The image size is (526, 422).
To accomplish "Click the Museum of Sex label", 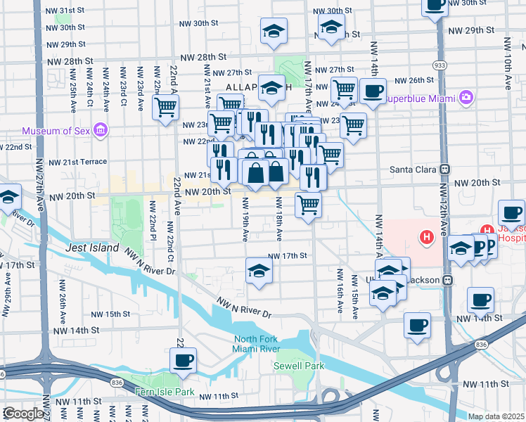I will coord(56,131).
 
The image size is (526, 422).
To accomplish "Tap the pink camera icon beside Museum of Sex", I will coord(100,130).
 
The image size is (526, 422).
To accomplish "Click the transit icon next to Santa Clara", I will coord(444,170).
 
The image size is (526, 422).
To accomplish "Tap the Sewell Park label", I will coord(299,366).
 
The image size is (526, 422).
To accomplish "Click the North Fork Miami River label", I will coord(257,345).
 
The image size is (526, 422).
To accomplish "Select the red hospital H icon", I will coord(425,238).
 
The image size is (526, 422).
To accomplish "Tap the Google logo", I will coord(23,414).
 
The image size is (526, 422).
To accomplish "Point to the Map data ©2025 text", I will coord(496,416).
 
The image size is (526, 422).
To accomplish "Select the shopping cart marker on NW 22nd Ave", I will coord(166,108).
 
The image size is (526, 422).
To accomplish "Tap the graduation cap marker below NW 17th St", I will coord(259,270).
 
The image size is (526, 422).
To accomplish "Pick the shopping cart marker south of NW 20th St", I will coord(308,205).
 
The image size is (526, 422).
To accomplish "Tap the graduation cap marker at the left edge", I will coord(8,198).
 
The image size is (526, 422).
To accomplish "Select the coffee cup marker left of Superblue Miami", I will coord(372,91).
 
